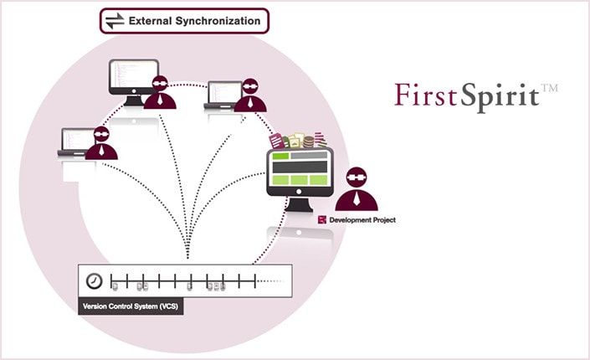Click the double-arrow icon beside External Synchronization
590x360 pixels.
coord(115,21)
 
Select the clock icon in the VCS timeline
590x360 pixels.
coord(94,280)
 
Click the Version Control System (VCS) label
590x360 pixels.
coord(131,306)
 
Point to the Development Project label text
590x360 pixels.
coord(362,220)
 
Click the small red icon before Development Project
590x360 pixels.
coord(322,219)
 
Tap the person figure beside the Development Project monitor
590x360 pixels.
coord(357,189)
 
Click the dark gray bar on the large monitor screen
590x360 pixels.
coord(300,167)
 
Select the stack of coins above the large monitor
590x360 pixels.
coord(309,142)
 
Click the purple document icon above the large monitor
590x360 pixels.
coord(276,141)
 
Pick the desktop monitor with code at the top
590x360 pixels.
coord(134,82)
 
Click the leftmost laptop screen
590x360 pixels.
coord(78,139)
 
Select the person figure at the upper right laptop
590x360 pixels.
coord(250,95)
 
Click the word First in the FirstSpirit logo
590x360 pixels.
coord(425,95)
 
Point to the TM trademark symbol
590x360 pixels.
coord(549,88)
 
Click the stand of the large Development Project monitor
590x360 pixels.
coord(299,205)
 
